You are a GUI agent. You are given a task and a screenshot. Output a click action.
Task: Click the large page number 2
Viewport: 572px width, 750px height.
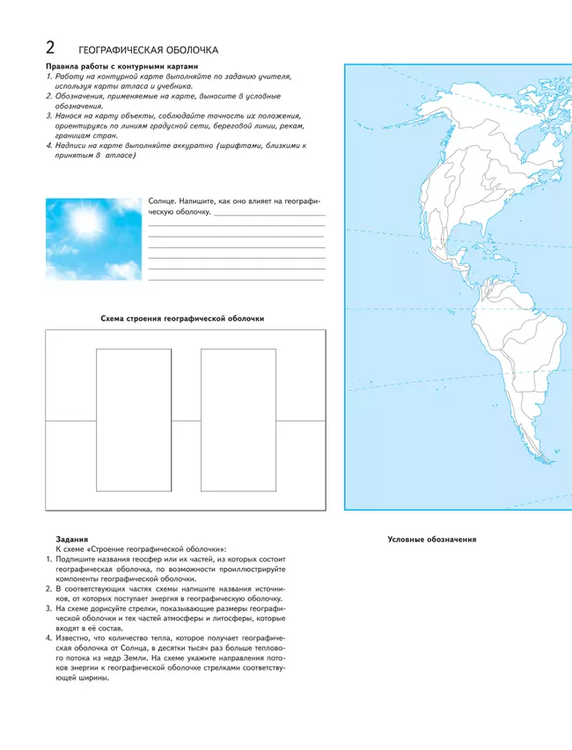pyautogui.click(x=52, y=48)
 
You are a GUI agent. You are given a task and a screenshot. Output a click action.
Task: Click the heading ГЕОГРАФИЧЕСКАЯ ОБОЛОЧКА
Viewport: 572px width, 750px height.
pyautogui.click(x=148, y=50)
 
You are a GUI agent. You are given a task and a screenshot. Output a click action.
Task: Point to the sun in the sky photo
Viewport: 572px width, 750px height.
pyautogui.click(x=86, y=223)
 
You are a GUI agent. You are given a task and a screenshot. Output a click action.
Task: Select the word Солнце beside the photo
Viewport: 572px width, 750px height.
pyautogui.click(x=163, y=202)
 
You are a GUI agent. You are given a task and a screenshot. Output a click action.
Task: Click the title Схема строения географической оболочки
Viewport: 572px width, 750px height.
pyautogui.click(x=183, y=318)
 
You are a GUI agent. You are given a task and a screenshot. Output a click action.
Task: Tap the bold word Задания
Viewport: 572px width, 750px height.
pyautogui.click(x=70, y=539)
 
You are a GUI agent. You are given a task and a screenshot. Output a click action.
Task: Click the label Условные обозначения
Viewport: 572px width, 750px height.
pyautogui.click(x=432, y=539)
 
